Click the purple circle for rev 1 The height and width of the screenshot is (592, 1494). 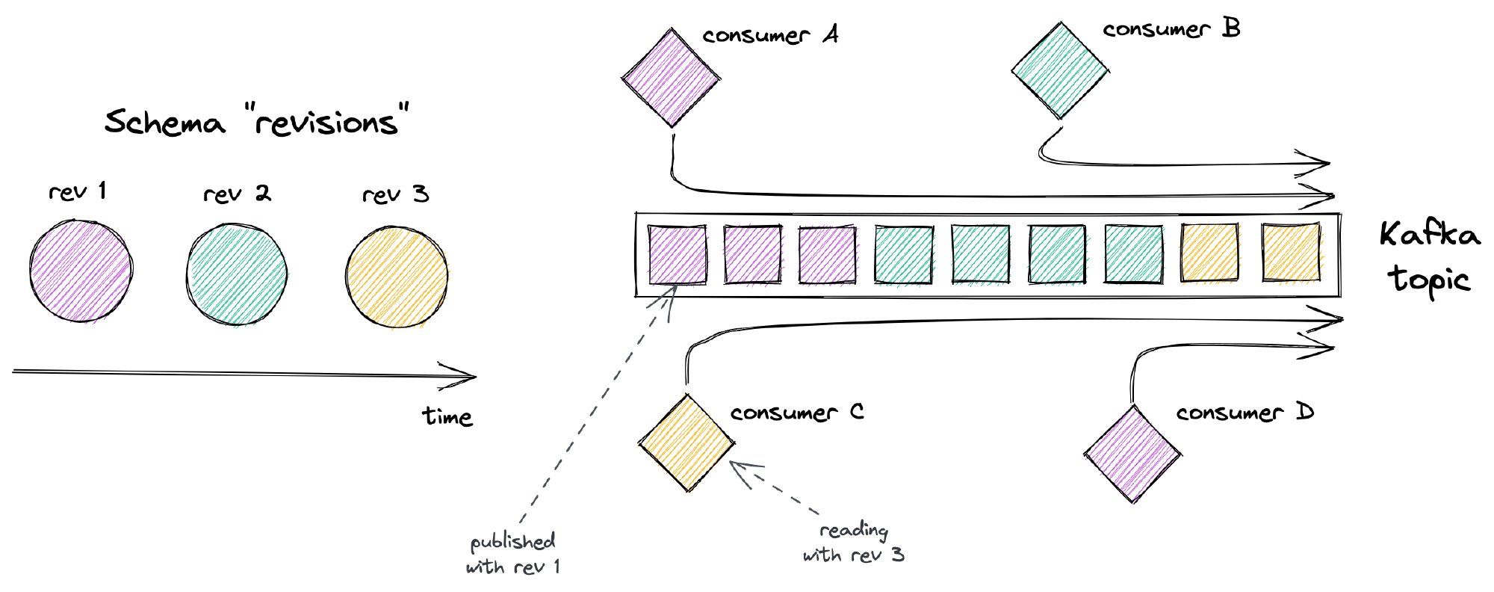(81, 271)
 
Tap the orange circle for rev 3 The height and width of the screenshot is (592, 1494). (397, 277)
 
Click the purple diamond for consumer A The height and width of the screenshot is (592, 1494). (671, 78)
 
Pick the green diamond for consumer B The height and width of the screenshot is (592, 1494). (1060, 71)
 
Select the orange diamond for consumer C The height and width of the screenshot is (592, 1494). (686, 443)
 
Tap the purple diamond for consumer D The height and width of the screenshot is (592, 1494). (1132, 454)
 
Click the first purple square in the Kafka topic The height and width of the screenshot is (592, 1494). (677, 255)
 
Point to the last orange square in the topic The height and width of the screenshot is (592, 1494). (1290, 252)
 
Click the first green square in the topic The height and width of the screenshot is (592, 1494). (904, 256)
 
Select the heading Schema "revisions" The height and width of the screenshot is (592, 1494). (258, 122)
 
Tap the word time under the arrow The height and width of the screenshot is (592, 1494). (447, 416)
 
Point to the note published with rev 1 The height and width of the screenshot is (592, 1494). (512, 554)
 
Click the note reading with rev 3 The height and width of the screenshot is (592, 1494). (853, 543)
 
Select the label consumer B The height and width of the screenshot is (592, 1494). (1171, 29)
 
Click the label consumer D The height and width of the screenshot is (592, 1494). (1244, 412)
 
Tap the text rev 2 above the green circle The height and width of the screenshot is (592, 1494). (237, 194)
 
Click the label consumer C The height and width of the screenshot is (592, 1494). (796, 412)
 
